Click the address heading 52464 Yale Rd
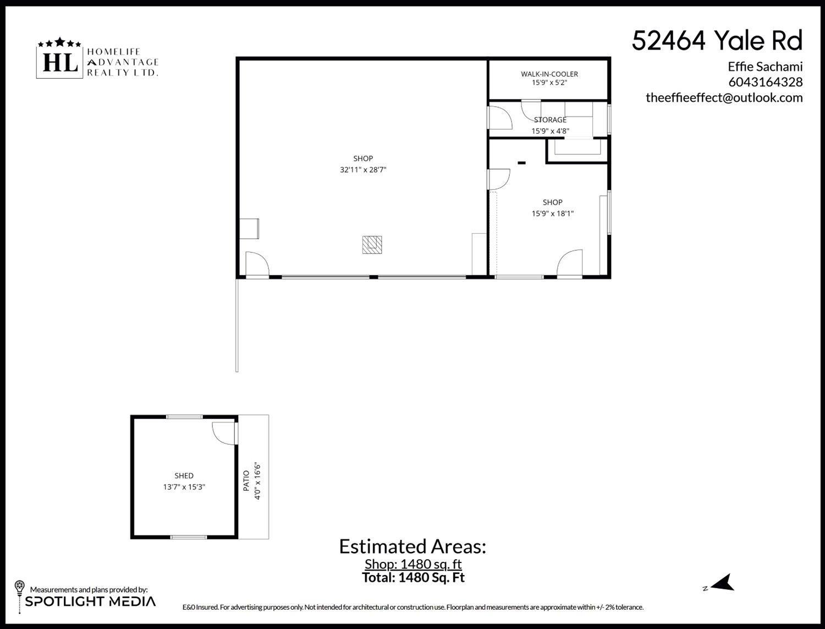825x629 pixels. coord(717,41)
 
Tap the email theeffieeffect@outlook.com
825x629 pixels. coord(724,98)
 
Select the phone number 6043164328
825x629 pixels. coord(765,83)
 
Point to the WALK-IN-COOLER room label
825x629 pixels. coord(549,74)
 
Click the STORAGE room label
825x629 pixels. coord(550,119)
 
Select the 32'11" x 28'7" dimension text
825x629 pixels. coord(363,170)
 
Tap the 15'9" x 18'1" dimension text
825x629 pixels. coord(552,214)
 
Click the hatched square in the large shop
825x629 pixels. coord(372,244)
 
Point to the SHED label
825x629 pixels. coord(184,475)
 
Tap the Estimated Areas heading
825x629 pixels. coord(413,546)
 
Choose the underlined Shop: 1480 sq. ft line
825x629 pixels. coord(413,564)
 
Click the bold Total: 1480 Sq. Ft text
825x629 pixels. coord(413,577)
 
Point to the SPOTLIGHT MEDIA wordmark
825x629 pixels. coord(90,601)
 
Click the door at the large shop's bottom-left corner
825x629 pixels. coord(256,264)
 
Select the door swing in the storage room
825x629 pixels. coord(500,117)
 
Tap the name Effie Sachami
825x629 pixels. coord(765,67)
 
